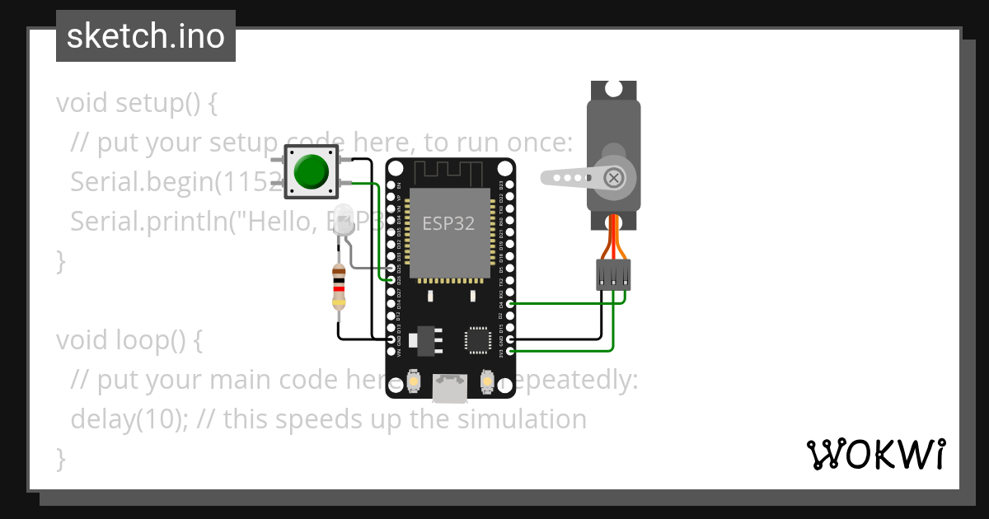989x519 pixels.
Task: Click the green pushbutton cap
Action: click(x=311, y=171)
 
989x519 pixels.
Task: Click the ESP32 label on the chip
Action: click(x=448, y=223)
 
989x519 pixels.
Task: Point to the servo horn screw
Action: click(x=613, y=177)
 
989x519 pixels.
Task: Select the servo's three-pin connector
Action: click(x=613, y=274)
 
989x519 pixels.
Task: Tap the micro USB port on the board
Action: click(x=450, y=388)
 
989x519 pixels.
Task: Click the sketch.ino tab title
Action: click(x=146, y=36)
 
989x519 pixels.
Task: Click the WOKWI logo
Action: click(x=876, y=454)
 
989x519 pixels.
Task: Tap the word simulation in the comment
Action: click(x=522, y=419)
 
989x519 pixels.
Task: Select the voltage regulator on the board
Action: click(x=425, y=338)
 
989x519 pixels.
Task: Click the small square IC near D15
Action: click(x=477, y=339)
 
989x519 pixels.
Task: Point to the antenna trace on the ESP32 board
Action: click(x=449, y=174)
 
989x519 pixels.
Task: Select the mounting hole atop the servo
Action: click(x=613, y=87)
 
